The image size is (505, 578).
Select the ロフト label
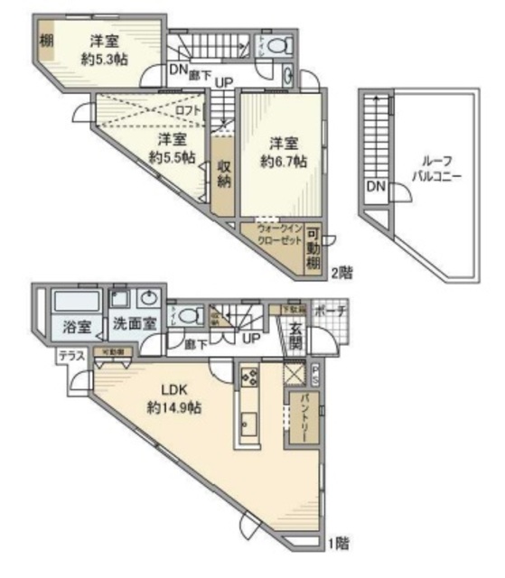(x=189, y=110)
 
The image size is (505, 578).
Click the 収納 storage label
(x=225, y=173)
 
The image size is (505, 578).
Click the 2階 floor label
(x=341, y=272)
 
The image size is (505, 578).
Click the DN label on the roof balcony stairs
(x=374, y=187)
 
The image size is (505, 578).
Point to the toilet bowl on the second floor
(x=282, y=42)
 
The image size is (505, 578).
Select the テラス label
(x=72, y=358)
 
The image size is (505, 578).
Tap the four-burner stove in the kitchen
(x=249, y=376)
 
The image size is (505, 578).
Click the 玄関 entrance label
(x=295, y=338)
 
